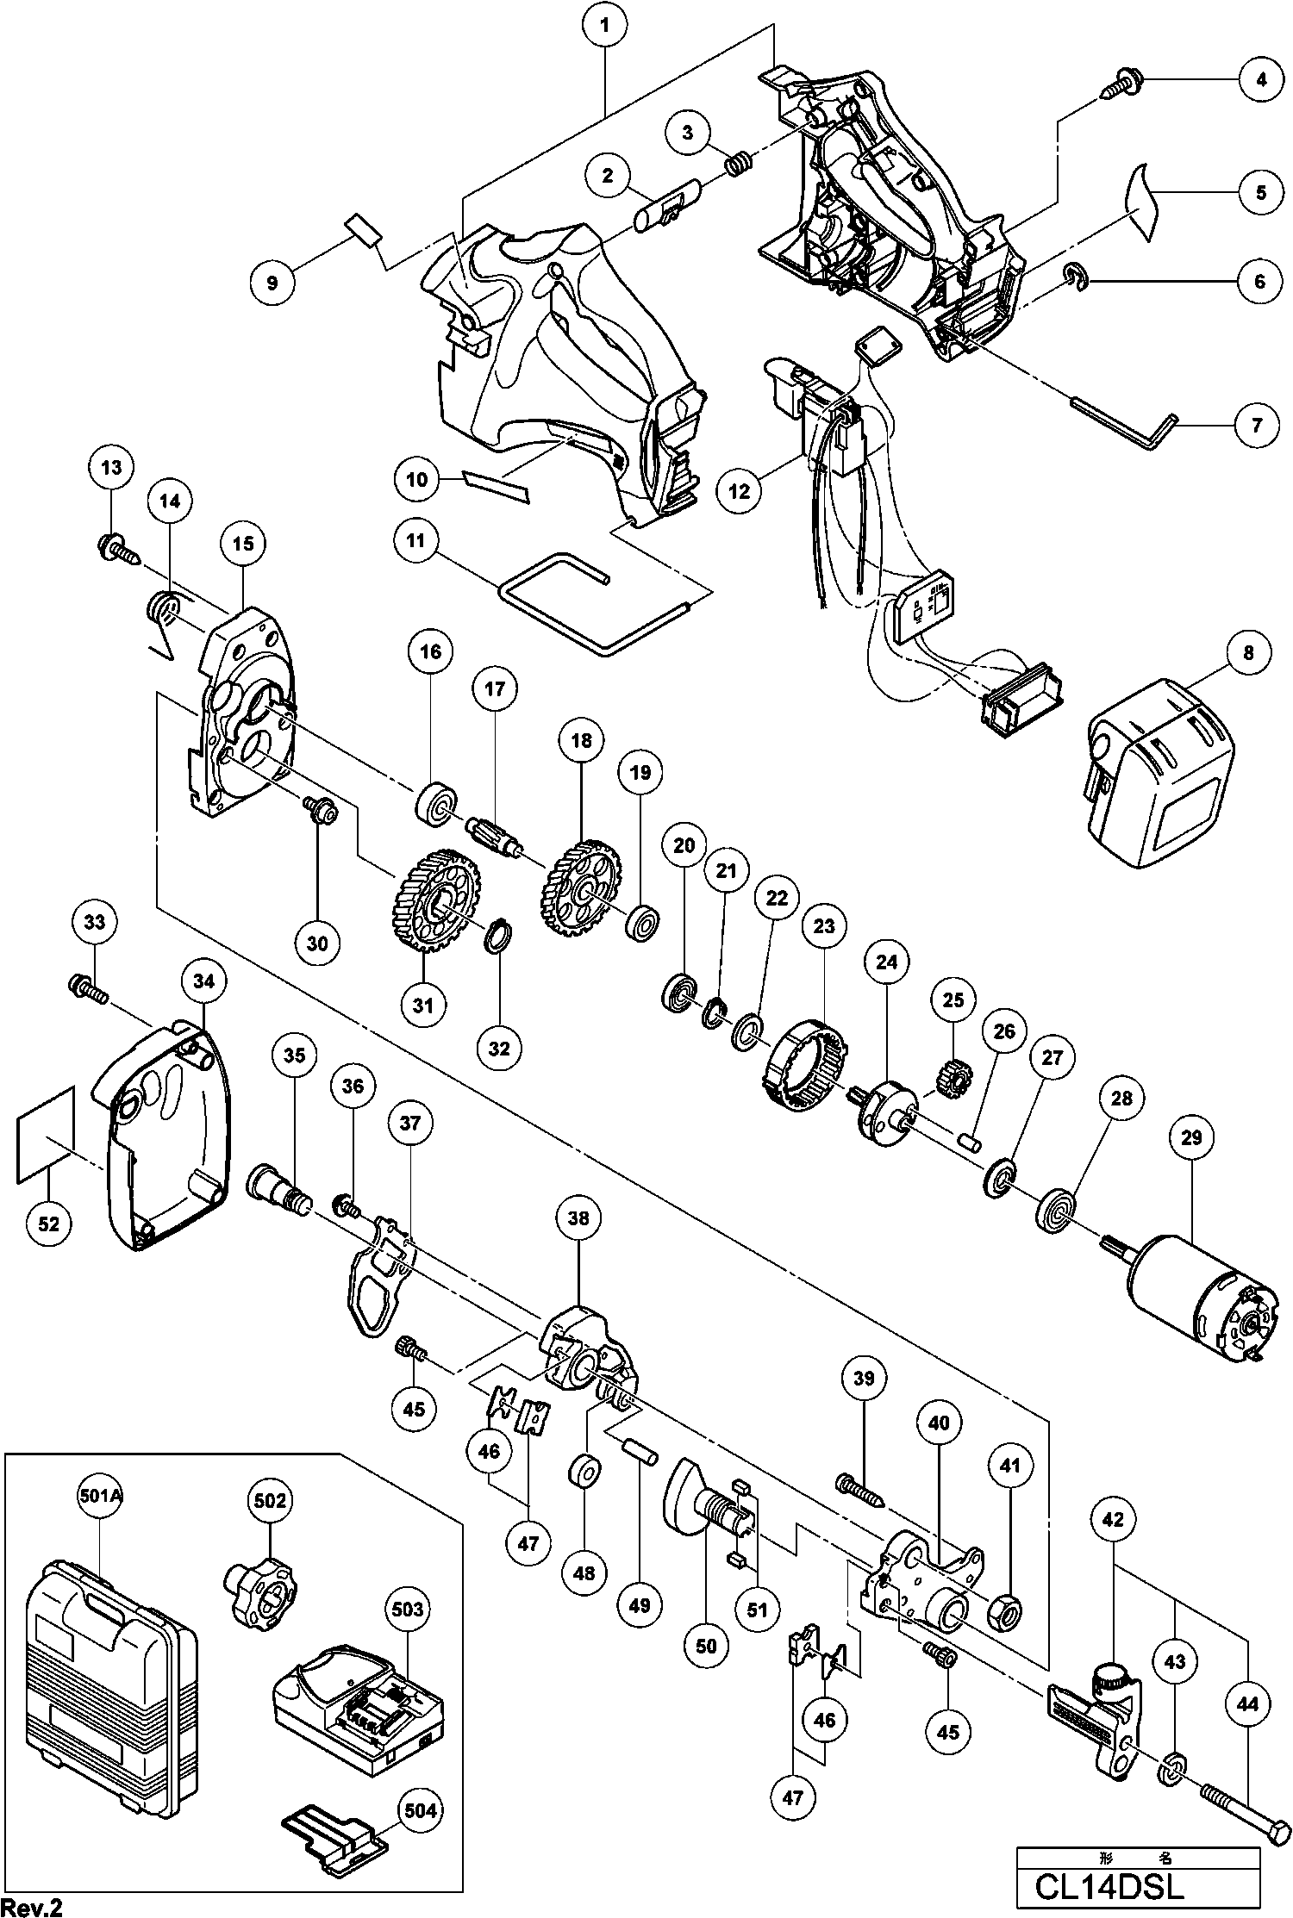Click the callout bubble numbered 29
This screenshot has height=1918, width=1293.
tap(1190, 1137)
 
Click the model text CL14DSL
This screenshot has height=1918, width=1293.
tap(1110, 1888)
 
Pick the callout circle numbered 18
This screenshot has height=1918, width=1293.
tap(581, 740)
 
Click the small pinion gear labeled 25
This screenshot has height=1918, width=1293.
tap(952, 1076)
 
